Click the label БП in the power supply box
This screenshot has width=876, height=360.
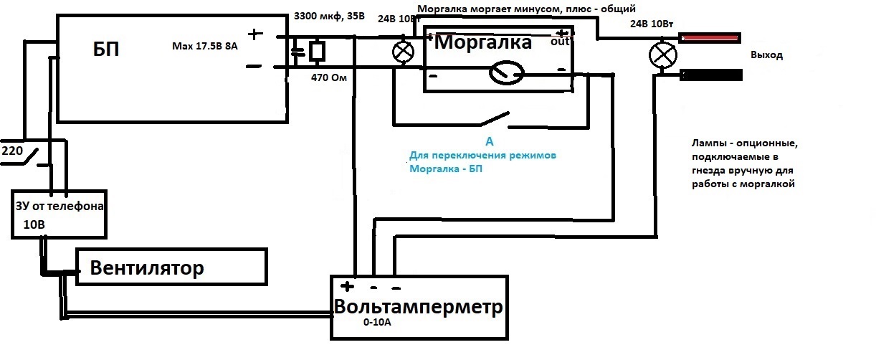click(x=106, y=49)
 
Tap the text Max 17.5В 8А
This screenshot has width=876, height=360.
click(x=205, y=46)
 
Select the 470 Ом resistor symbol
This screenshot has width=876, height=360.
click(x=317, y=51)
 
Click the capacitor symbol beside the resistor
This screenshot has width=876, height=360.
click(x=298, y=52)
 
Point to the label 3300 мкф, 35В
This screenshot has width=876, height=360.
click(x=329, y=16)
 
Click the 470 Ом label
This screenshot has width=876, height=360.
click(x=329, y=77)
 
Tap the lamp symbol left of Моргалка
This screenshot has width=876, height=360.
click(x=403, y=52)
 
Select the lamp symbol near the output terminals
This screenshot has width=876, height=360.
click(x=663, y=55)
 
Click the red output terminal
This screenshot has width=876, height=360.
click(x=710, y=38)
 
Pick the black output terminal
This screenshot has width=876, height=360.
click(x=711, y=75)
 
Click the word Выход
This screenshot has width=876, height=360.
click(x=766, y=55)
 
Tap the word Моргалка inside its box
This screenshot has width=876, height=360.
click(x=483, y=42)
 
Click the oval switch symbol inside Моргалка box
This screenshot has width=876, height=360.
click(x=507, y=72)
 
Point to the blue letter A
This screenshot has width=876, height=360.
click(x=489, y=141)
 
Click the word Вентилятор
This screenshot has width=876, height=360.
click(x=147, y=268)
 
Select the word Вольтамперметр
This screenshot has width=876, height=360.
click(x=419, y=306)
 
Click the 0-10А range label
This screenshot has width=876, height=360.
click(x=377, y=323)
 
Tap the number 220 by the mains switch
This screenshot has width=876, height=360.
click(x=12, y=151)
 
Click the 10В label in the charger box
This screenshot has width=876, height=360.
click(x=34, y=224)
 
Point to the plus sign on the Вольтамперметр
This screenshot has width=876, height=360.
click(x=347, y=287)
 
